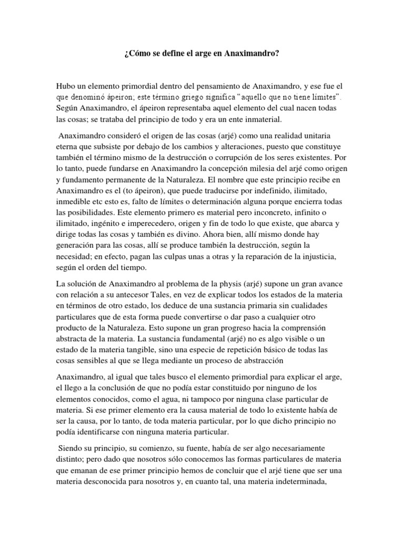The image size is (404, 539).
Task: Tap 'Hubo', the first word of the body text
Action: click(66, 86)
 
